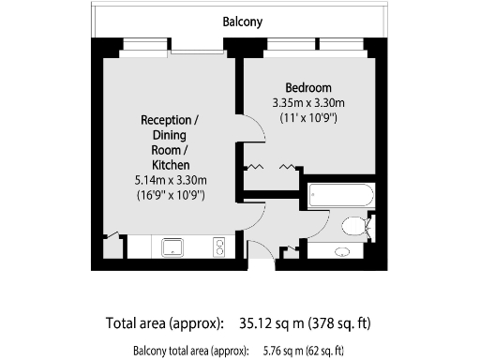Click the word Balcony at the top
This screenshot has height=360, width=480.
pos(242,21)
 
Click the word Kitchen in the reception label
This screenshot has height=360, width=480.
pos(170,165)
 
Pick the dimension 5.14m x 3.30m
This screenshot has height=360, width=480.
pos(171,180)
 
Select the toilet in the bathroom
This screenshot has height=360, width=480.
pos(355,226)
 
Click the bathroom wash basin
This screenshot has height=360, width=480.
pos(343,251)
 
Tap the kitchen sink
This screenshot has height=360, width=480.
pos(173,247)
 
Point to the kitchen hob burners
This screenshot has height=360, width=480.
pos(219,247)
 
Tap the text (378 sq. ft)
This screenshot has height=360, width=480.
pos(339,324)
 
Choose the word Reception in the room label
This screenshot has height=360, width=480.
pos(169,120)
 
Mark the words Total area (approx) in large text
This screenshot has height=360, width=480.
pos(165,324)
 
